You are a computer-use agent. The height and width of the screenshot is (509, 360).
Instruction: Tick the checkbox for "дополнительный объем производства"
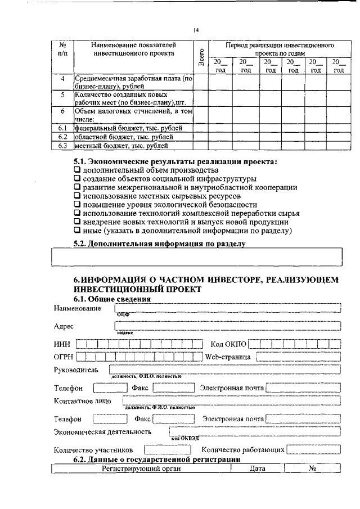[78, 170]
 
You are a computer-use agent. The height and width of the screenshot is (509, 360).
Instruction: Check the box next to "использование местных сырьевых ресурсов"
[78, 196]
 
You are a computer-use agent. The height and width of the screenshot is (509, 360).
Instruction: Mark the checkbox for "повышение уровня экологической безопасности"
[78, 205]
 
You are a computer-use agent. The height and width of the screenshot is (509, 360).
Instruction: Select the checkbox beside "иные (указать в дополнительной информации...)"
[78, 231]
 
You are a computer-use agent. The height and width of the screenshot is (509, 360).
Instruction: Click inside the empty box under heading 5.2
[197, 256]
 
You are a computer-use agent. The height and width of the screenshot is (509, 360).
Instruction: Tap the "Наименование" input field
[228, 308]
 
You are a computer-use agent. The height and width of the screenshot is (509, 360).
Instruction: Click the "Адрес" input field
[228, 326]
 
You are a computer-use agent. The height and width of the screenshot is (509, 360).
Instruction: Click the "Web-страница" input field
[298, 357]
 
